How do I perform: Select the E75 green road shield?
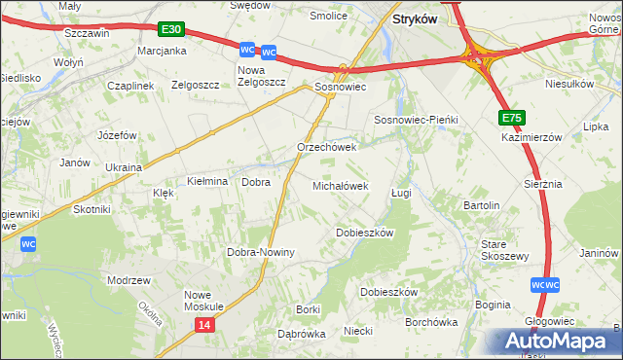pyautogui.click(x=513, y=118)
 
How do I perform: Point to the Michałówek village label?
pyautogui.click(x=340, y=185)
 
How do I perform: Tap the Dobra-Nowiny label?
pyautogui.click(x=261, y=252)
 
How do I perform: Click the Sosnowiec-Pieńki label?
pyautogui.click(x=416, y=119)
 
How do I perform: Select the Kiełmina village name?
pyautogui.click(x=207, y=182)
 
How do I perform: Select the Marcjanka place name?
pyautogui.click(x=162, y=51)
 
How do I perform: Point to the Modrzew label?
pyautogui.click(x=129, y=280)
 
